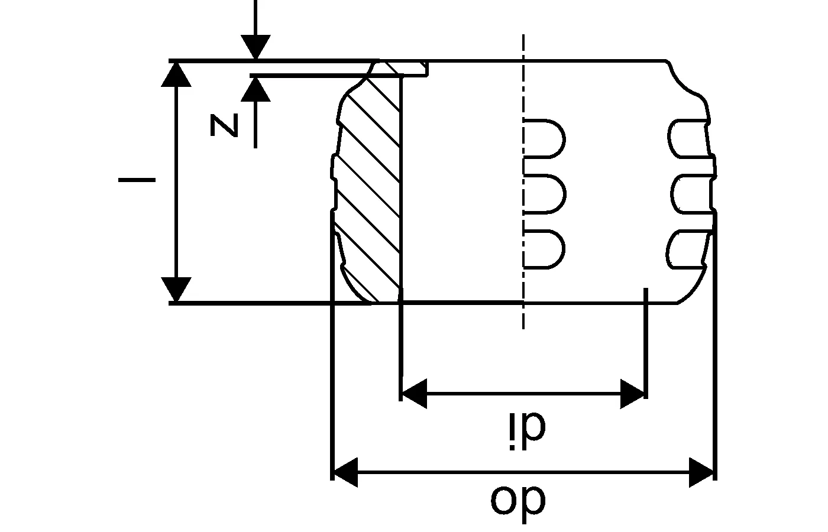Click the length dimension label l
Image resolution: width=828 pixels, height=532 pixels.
[137, 179]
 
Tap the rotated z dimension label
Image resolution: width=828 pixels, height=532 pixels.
[225, 126]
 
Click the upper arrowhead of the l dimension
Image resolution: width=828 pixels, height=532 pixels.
[177, 73]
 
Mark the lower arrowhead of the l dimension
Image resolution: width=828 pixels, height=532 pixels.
[177, 290]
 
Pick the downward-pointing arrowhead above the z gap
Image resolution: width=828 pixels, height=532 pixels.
[255, 47]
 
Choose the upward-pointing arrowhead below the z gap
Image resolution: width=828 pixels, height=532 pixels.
[255, 89]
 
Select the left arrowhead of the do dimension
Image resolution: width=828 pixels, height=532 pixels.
[345, 472]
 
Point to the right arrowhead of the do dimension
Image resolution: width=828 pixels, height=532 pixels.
[702, 472]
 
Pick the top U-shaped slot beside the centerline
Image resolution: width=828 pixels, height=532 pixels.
[544, 139]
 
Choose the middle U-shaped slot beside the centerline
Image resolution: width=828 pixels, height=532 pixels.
[544, 193]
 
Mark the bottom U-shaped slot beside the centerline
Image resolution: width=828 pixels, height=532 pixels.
[544, 249]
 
